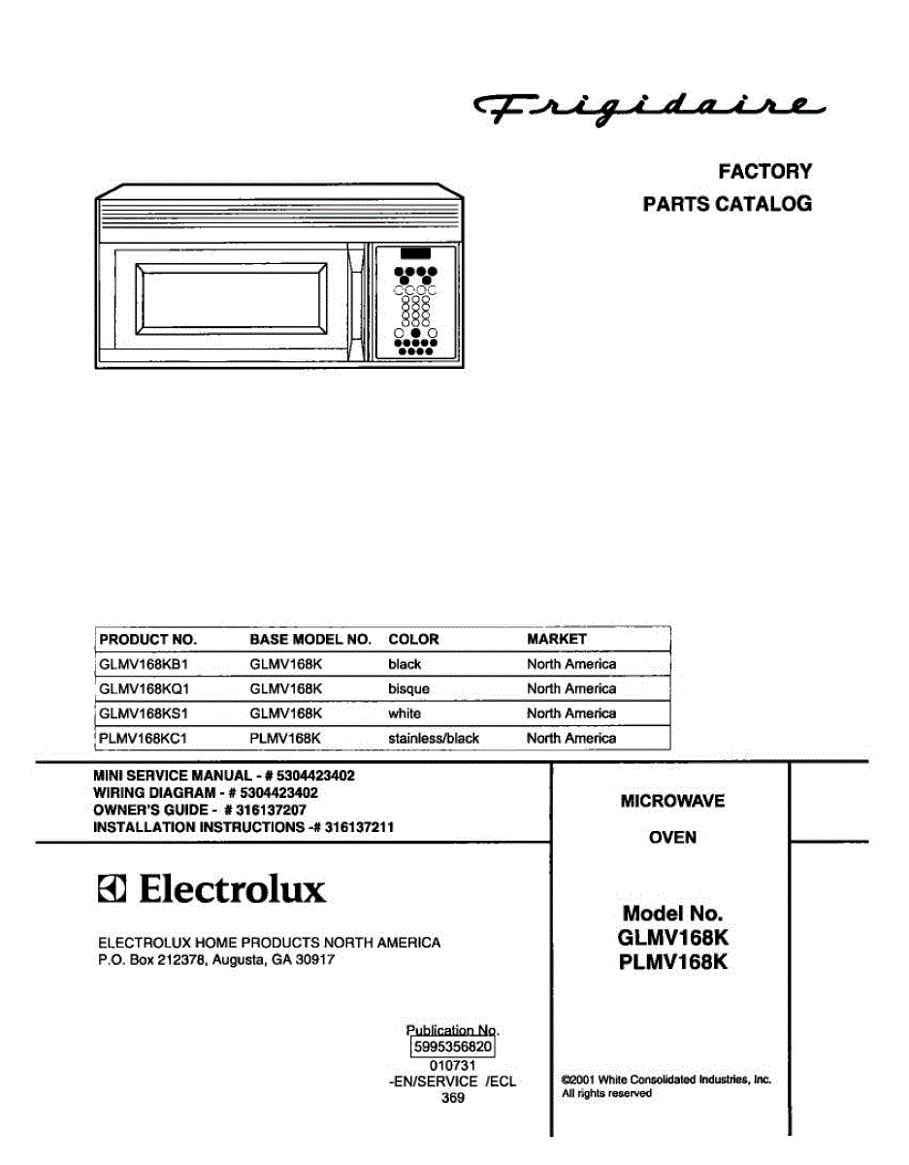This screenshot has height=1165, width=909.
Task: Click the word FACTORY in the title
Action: point(764,172)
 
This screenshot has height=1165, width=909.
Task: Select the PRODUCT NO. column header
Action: point(147,640)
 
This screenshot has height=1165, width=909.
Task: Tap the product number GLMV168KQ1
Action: point(144,689)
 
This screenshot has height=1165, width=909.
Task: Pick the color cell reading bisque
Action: point(408,689)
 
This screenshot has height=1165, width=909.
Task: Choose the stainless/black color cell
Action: point(434,739)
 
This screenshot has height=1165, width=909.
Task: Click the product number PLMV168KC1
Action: point(143,739)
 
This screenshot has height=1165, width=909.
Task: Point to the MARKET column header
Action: point(556,640)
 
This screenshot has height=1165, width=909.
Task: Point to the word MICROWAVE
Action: point(672,802)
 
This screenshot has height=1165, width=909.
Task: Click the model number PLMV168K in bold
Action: point(672,963)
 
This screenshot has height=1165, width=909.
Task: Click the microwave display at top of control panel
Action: point(414,253)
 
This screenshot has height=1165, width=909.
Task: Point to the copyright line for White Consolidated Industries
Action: point(666,1080)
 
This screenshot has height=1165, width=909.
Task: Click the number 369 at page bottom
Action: point(452,1099)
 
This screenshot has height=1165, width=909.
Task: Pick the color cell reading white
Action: point(405,714)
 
